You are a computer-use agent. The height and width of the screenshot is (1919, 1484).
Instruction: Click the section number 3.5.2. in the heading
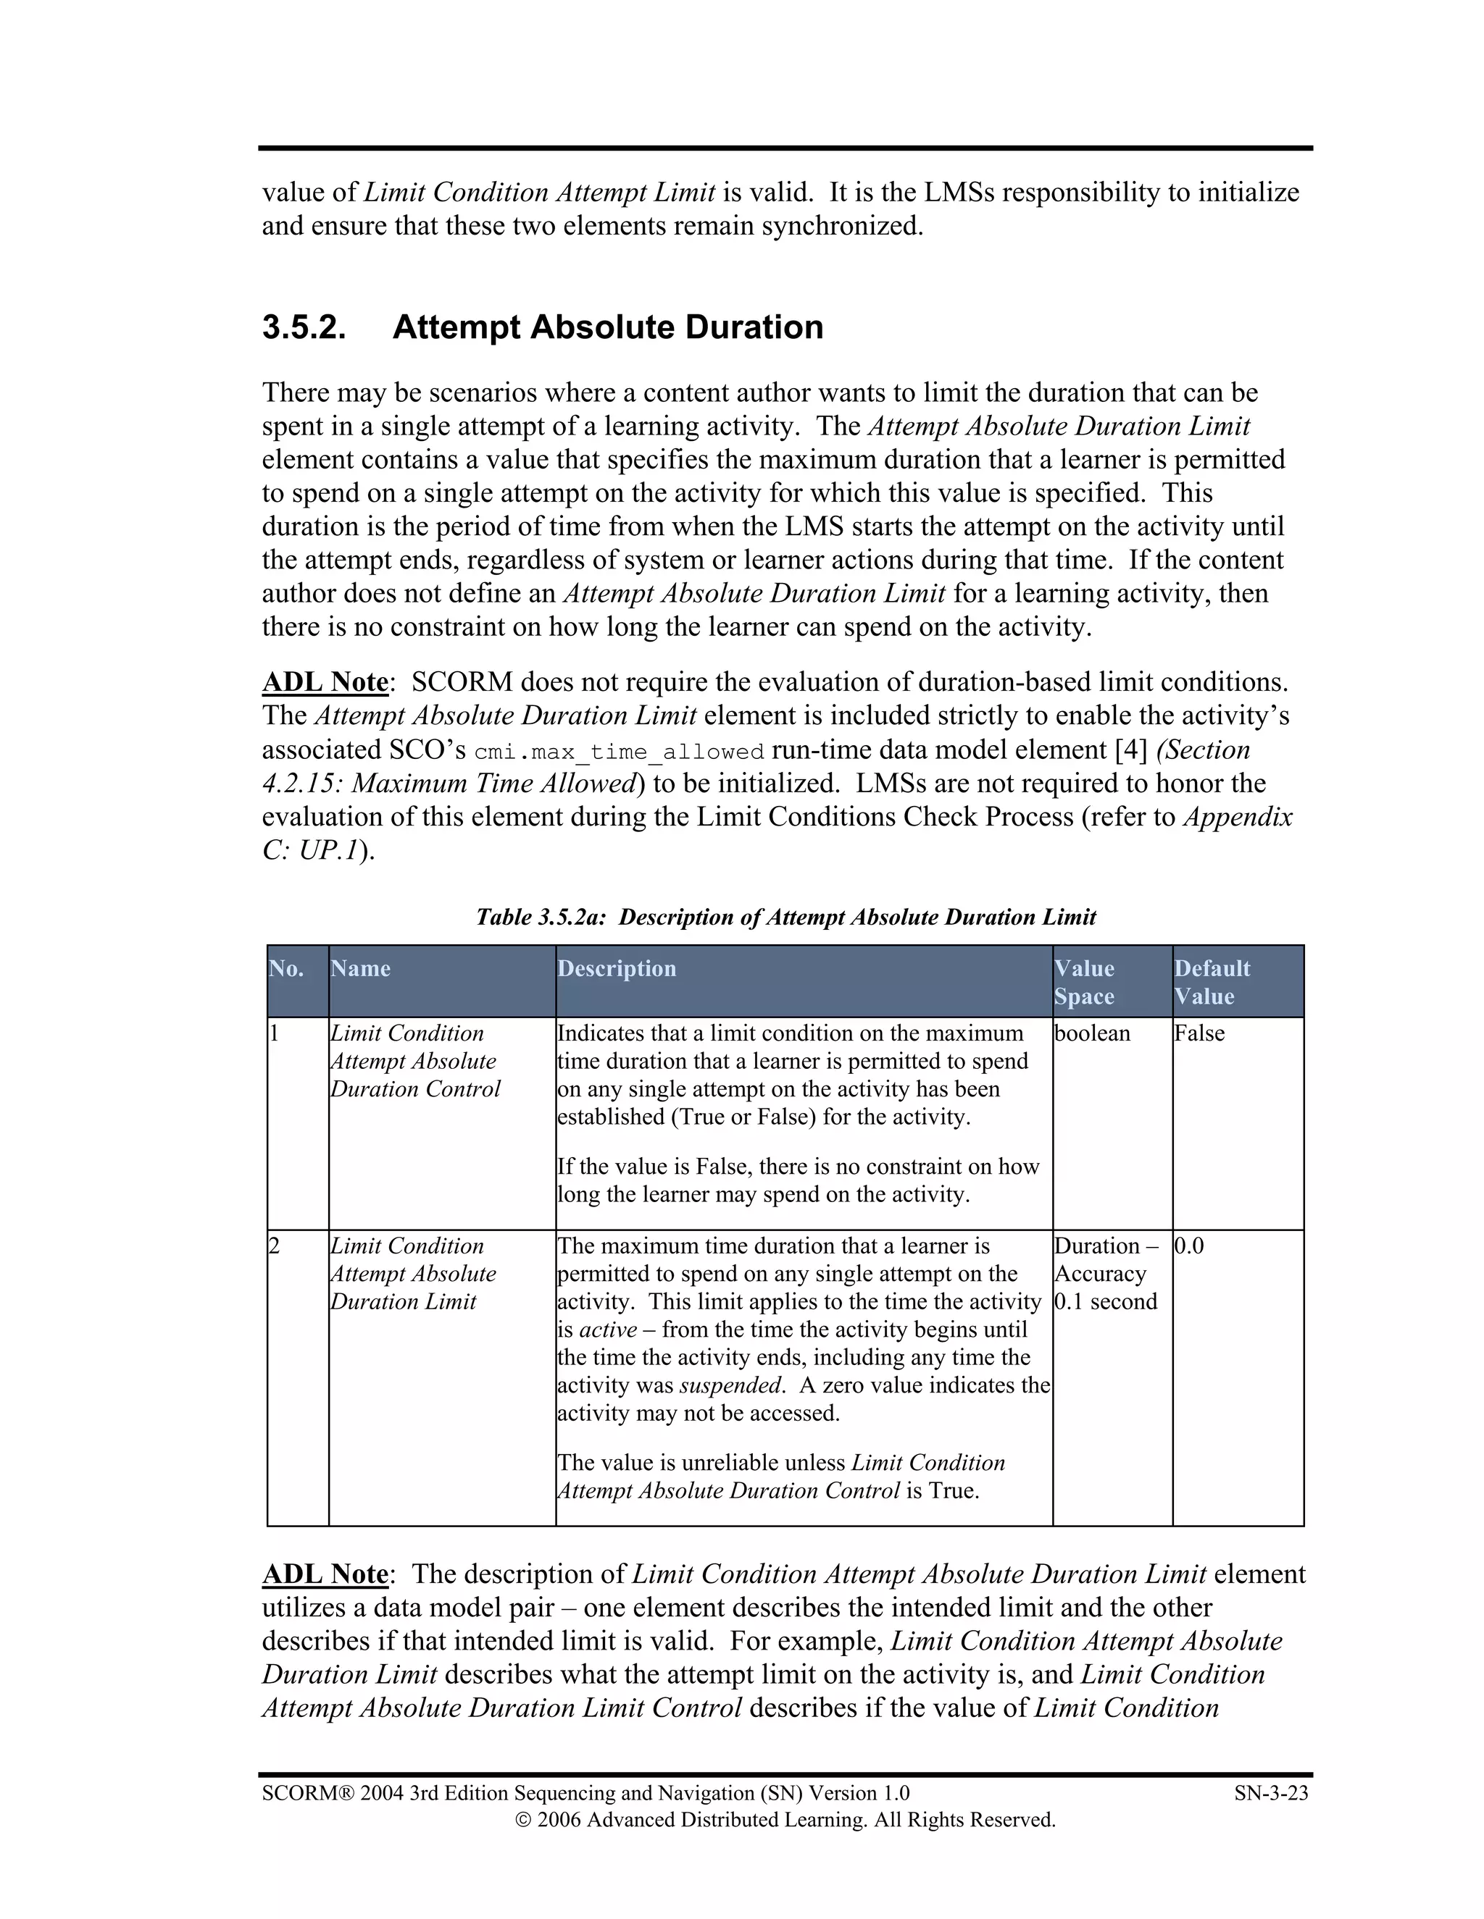tap(304, 328)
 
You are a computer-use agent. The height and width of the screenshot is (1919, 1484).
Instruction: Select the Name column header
tap(360, 968)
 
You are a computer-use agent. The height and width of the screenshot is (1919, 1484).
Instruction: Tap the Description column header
tap(617, 968)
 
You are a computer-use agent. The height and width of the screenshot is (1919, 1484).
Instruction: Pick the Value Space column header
tap(1084, 983)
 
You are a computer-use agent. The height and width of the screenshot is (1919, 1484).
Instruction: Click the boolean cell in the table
tap(1092, 1033)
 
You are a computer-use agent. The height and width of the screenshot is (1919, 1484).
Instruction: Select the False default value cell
tap(1199, 1033)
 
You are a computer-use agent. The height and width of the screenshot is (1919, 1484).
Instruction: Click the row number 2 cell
tap(275, 1246)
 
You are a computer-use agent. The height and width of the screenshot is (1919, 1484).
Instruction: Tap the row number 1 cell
tap(275, 1033)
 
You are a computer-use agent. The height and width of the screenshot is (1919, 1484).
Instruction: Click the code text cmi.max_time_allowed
tap(619, 752)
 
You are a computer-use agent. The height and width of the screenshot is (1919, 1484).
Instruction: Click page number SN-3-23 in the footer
tap(1270, 1793)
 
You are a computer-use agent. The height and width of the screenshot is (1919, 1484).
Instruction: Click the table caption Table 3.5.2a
tap(541, 917)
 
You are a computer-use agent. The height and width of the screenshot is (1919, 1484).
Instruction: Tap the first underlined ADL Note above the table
tap(325, 683)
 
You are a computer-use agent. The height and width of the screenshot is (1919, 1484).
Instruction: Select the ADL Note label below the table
tap(325, 1574)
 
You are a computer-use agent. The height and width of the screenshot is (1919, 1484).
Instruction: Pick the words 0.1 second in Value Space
tap(1106, 1301)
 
